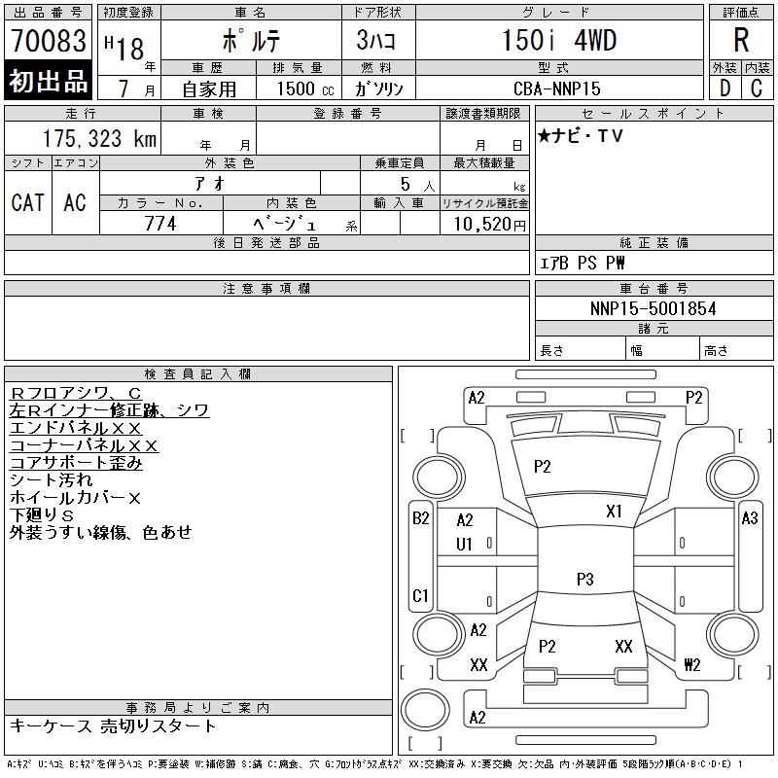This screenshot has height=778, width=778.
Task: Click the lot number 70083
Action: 48,42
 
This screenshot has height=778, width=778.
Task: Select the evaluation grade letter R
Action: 740,41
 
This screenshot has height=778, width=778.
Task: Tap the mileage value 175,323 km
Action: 100,139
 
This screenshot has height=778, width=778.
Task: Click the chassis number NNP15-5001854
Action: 653,308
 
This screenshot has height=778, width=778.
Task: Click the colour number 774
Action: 160,224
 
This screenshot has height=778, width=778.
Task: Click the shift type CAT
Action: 27,202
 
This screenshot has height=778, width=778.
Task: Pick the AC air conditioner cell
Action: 75,202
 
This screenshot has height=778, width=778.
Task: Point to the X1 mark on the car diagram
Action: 615,512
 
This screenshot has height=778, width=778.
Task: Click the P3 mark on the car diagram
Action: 584,580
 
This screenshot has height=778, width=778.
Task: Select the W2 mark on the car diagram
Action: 692,665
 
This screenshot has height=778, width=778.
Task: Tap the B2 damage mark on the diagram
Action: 420,518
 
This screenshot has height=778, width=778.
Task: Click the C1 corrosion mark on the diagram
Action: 420,594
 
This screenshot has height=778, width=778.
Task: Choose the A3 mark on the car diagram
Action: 749,518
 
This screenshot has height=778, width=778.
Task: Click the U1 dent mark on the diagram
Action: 464,545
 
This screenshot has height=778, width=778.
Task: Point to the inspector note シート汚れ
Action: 51,480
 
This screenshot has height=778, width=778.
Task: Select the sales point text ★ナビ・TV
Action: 581,136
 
